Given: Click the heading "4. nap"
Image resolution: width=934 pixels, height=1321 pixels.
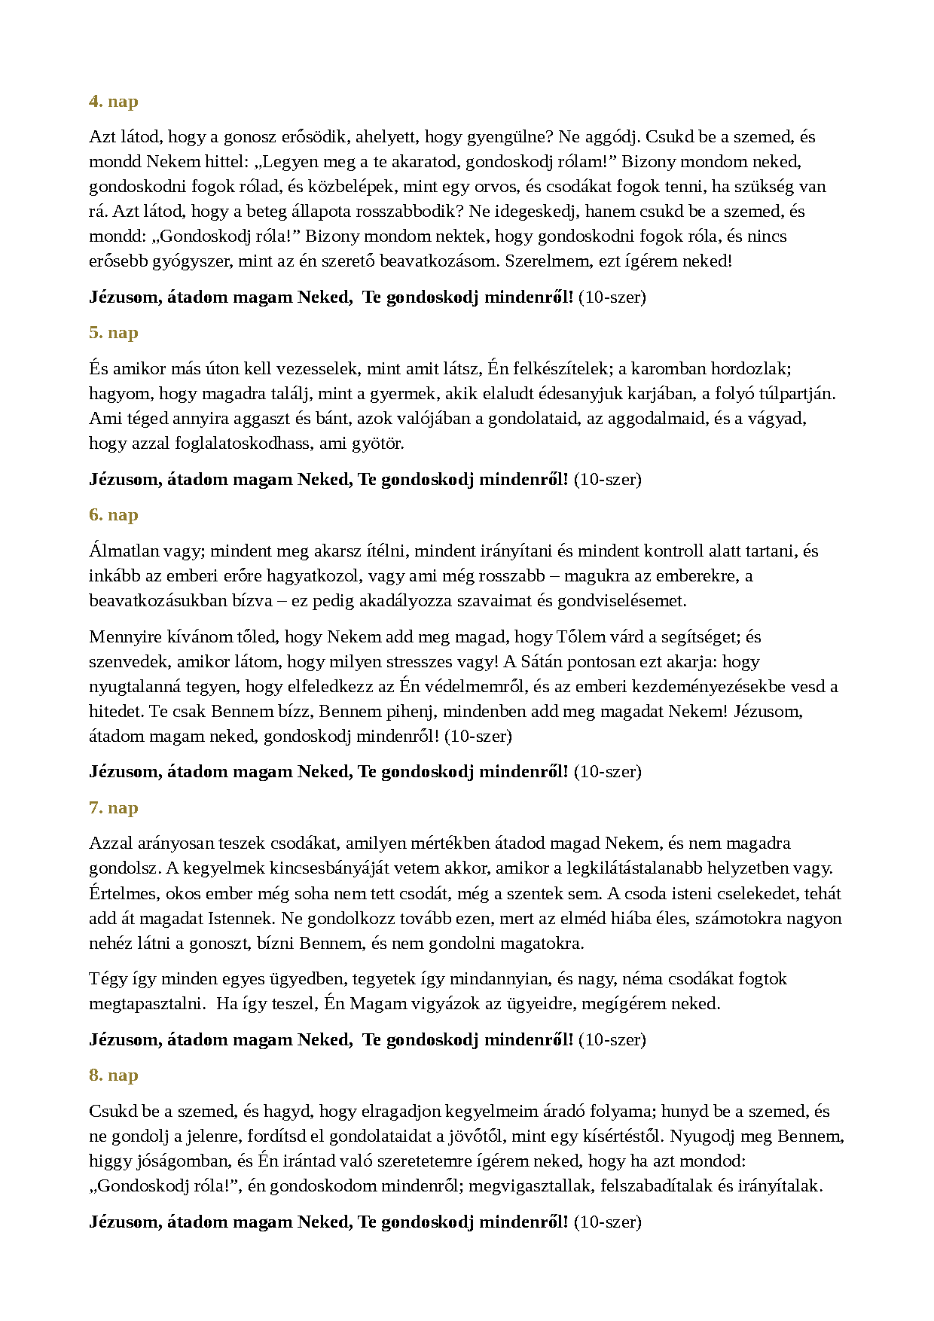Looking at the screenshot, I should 114,102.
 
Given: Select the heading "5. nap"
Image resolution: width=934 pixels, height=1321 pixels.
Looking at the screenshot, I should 114,333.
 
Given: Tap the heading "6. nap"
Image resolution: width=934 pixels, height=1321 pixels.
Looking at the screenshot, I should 114,515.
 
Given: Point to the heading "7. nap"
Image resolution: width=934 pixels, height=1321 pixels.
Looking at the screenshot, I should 114,808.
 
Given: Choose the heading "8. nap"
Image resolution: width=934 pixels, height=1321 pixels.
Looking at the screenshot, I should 114,1075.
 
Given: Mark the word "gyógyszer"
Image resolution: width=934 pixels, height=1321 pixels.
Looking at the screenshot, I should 193,261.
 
